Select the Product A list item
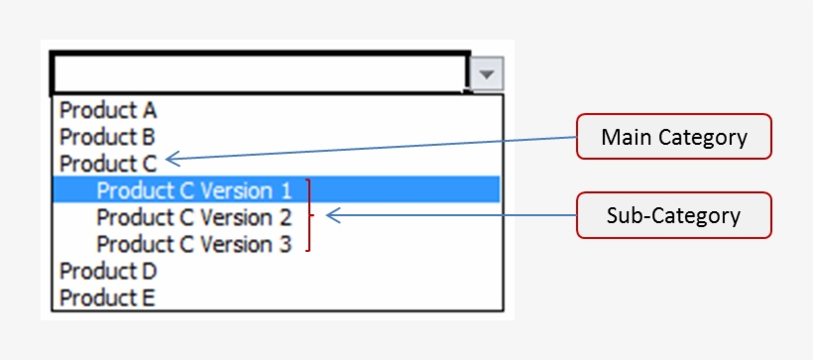108,110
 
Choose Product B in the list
108,137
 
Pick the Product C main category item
108,164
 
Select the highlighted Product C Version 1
194,189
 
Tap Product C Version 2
194,216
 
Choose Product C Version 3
194,243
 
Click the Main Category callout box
674,137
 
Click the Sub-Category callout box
674,215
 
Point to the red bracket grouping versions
311,215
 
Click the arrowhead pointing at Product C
172,157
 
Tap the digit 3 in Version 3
286,243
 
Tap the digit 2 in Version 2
286,216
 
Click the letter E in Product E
151,296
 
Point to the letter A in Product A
150,110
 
